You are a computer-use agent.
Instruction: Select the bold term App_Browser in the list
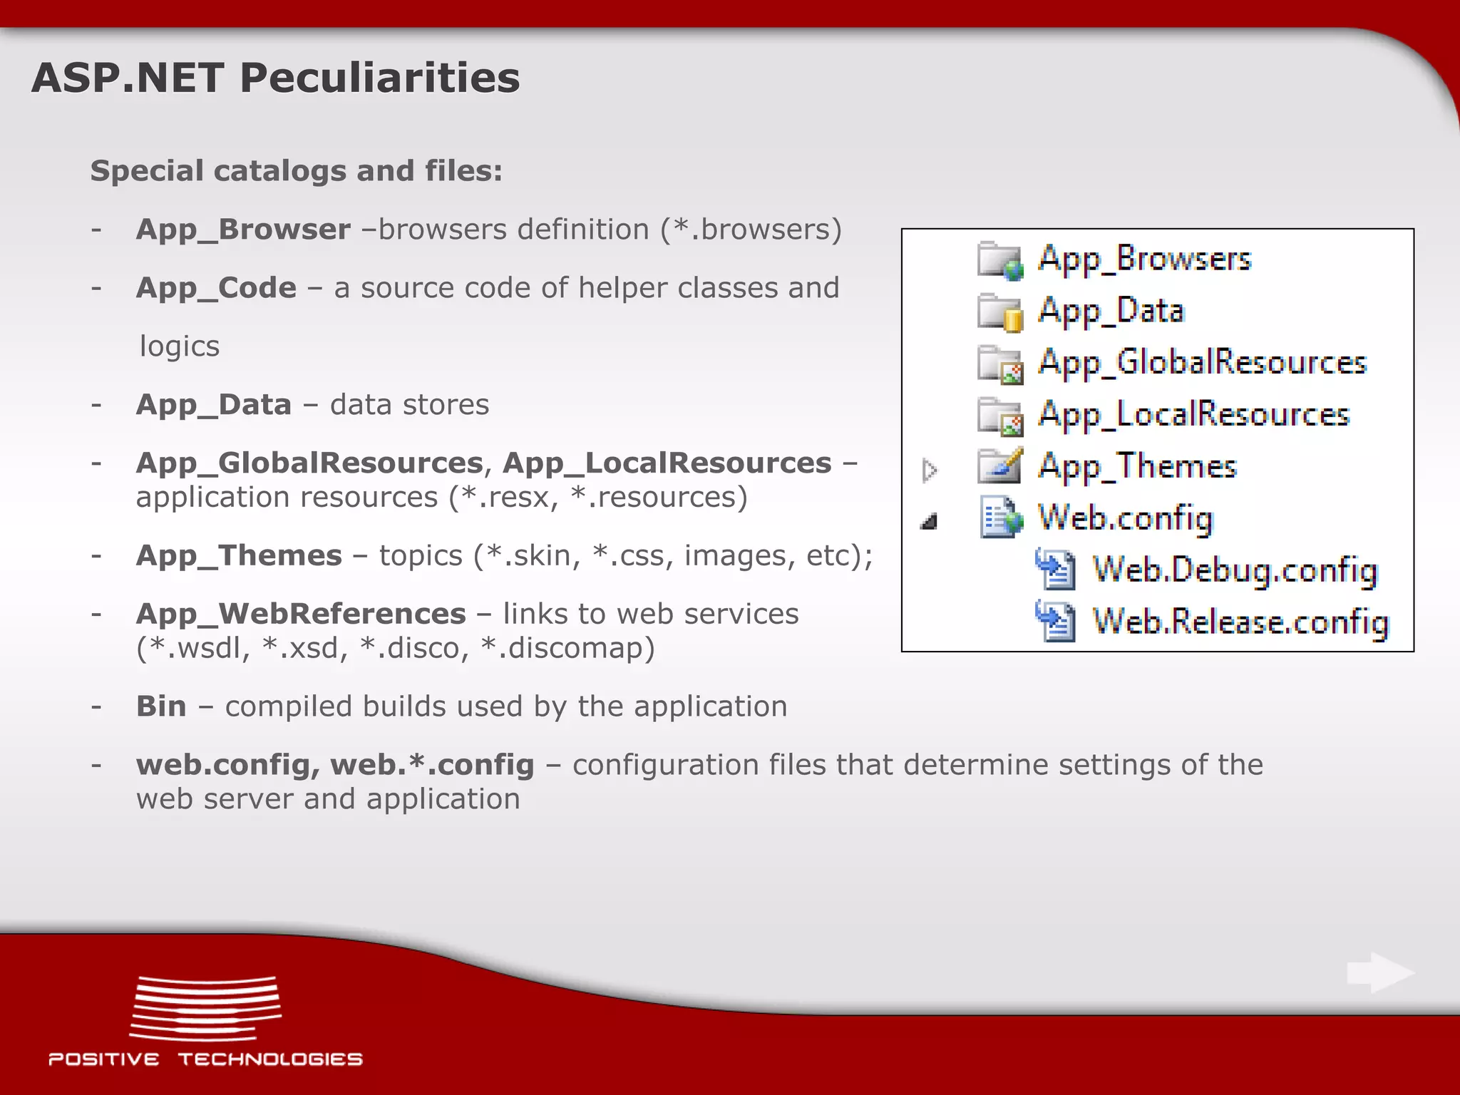[x=243, y=230]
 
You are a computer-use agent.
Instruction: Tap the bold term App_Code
[x=216, y=288]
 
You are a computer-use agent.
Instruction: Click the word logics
[x=180, y=346]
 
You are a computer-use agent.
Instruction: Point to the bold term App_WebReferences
[x=301, y=614]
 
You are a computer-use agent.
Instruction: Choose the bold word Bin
[x=161, y=706]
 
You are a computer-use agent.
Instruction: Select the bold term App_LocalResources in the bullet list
[x=667, y=463]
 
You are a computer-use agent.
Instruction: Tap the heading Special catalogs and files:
[x=296, y=171]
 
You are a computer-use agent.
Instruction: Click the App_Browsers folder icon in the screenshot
[x=999, y=260]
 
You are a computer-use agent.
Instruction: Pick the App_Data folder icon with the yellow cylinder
[x=999, y=312]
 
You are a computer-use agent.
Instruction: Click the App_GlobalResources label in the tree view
[x=1202, y=363]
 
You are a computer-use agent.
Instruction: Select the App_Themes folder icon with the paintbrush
[x=999, y=466]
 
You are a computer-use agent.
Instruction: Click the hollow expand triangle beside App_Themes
[x=928, y=471]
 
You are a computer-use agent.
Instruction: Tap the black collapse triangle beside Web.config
[x=929, y=522]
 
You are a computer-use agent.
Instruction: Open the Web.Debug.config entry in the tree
[x=1235, y=570]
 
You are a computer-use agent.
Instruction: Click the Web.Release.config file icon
[x=1055, y=622]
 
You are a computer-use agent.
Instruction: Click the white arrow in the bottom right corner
[x=1380, y=972]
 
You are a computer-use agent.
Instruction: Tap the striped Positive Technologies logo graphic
[x=205, y=1008]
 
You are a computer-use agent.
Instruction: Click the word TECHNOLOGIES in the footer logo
[x=270, y=1059]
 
